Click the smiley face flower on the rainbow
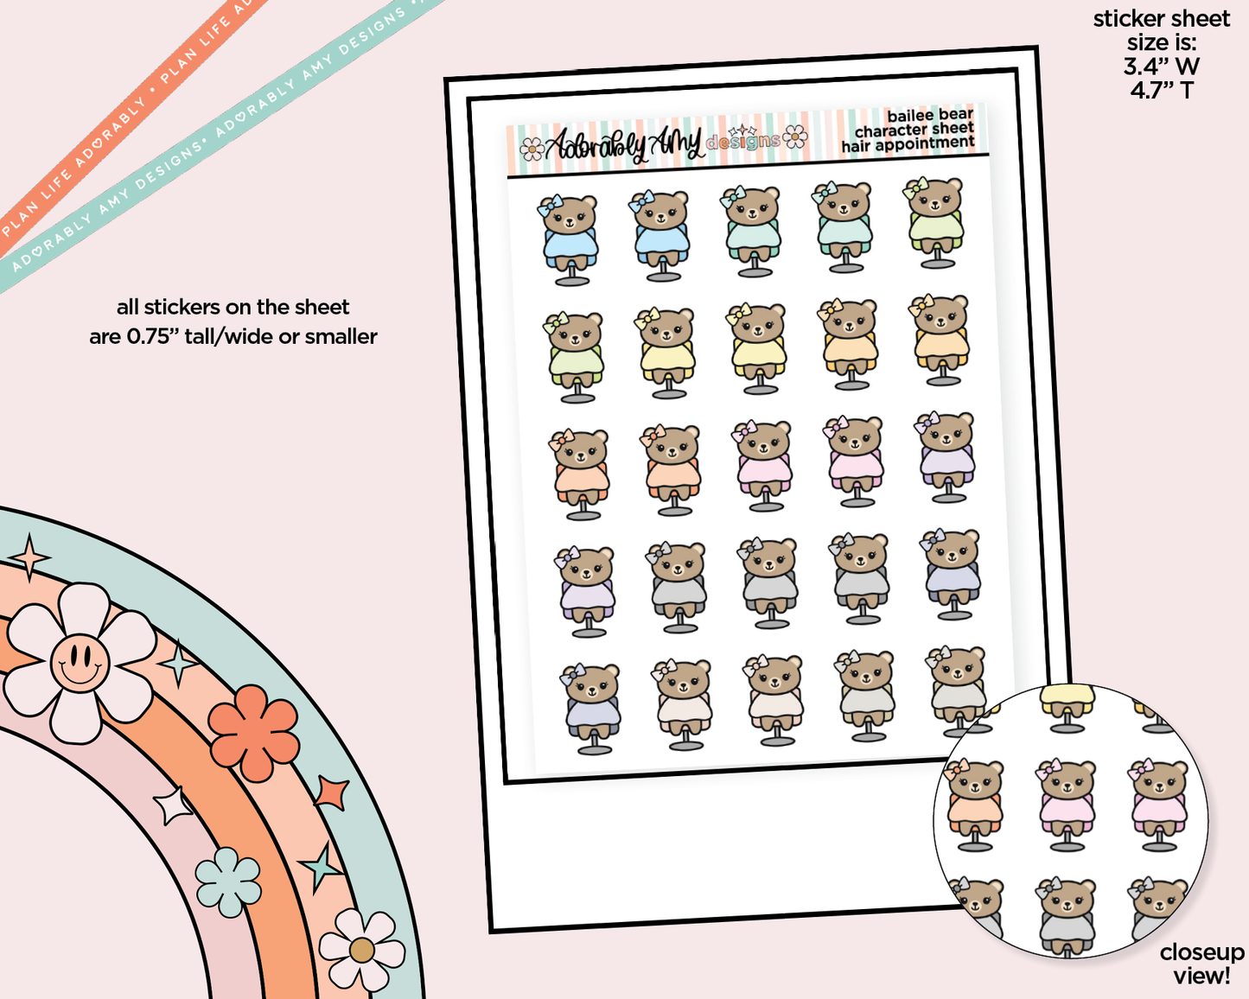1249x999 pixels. [80, 663]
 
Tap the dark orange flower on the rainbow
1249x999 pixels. [254, 732]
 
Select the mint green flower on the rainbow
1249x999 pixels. [228, 881]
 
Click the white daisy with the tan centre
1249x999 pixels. [361, 950]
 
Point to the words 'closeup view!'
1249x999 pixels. [1201, 964]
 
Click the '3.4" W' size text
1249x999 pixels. [1162, 66]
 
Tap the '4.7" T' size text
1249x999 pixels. [1162, 90]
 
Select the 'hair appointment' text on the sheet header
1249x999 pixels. [908, 144]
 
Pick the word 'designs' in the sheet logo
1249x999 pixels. [743, 141]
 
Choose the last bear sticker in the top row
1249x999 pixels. [934, 222]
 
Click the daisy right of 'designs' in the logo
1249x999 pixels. [795, 137]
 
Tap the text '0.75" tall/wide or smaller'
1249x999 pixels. [233, 336]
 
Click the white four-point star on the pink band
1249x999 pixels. [173, 805]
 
